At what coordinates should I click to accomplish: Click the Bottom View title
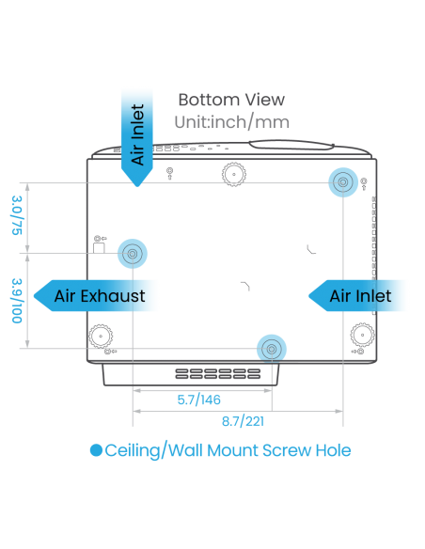pos(231,100)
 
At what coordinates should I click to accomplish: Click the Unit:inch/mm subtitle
pos(231,122)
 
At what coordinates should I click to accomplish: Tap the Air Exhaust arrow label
pos(95,296)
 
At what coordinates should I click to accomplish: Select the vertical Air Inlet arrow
pos(137,137)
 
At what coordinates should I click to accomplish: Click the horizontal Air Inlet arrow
pos(357,296)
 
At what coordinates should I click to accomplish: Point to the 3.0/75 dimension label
pos(17,215)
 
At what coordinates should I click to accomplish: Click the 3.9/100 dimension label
pos(17,301)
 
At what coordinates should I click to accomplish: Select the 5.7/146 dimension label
pos(198,400)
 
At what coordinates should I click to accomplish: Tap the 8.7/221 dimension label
pos(243,421)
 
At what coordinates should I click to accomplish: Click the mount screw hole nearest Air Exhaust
pos(133,254)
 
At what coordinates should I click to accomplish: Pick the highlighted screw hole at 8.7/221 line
pos(343,182)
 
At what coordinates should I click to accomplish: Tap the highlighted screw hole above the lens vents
pos(272,349)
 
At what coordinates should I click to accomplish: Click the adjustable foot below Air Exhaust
pos(101,337)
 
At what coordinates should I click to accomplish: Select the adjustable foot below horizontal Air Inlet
pos(362,335)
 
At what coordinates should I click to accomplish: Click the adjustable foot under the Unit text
pos(234,174)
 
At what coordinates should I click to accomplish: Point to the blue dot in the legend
pos(96,450)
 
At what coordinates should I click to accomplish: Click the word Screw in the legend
pos(287,450)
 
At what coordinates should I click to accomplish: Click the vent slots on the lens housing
pos(218,373)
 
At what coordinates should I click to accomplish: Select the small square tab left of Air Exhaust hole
pos(99,248)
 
